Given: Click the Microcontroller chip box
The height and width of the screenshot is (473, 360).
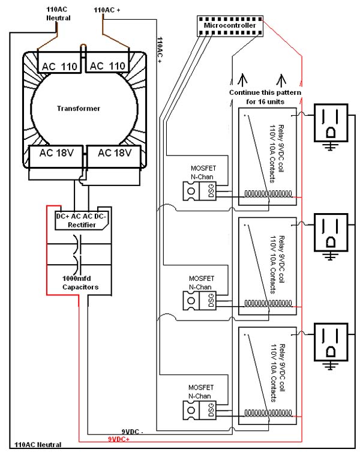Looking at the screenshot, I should tap(230, 25).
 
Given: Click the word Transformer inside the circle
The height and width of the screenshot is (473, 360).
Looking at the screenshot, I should tap(78, 109).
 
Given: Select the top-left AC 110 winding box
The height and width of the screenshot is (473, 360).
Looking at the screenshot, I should tap(59, 67).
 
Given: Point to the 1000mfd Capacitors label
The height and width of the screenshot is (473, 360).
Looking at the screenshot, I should tap(80, 283).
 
